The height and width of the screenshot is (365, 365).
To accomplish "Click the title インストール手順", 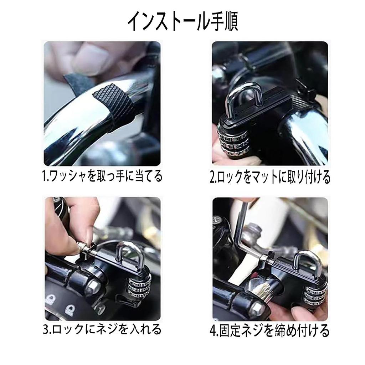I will tap(182, 22).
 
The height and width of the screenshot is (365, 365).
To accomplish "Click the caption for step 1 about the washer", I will tap(102, 176).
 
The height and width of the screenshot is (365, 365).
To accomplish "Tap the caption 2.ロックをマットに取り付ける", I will tap(269, 177).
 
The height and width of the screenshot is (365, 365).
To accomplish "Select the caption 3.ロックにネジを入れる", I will tap(102, 329).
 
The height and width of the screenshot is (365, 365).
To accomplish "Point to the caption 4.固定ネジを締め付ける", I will tap(269, 330).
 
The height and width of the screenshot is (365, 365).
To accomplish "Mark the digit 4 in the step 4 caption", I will tap(213, 331).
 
